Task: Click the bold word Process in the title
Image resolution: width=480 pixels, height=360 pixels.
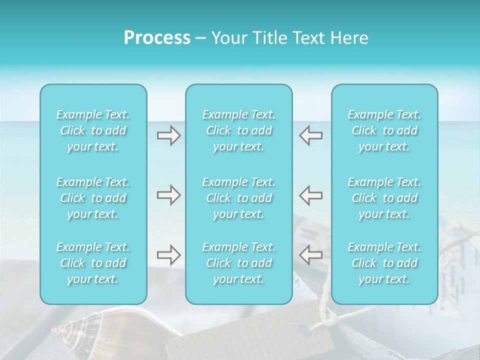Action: pyautogui.click(x=157, y=38)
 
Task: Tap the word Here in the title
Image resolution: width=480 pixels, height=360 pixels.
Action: pyautogui.click(x=349, y=38)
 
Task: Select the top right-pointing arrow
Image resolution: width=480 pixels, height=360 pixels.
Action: pyautogui.click(x=168, y=135)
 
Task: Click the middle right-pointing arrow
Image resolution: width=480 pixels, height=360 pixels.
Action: pyautogui.click(x=168, y=195)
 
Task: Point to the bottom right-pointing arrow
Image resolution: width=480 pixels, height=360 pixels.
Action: pyautogui.click(x=168, y=255)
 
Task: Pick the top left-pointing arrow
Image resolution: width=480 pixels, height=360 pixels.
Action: pyautogui.click(x=310, y=135)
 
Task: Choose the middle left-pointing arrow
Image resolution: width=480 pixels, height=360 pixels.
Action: pyautogui.click(x=310, y=195)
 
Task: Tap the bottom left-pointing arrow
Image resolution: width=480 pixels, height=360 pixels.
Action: pyautogui.click(x=310, y=255)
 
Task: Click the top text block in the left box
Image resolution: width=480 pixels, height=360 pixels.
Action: pyautogui.click(x=93, y=130)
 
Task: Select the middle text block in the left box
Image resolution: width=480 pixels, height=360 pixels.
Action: pyautogui.click(x=93, y=198)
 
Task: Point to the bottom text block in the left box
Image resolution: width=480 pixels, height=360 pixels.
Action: pyautogui.click(x=93, y=263)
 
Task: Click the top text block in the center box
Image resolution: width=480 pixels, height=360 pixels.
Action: pyautogui.click(x=238, y=130)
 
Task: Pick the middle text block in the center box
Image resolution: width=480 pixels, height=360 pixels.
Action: pyautogui.click(x=238, y=198)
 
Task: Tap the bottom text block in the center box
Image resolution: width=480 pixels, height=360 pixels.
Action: pyautogui.click(x=238, y=263)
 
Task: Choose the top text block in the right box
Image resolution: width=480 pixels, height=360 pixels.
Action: pyautogui.click(x=384, y=130)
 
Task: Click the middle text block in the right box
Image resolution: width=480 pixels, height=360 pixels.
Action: pyautogui.click(x=384, y=198)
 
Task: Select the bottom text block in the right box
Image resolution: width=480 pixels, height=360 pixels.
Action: pyautogui.click(x=384, y=263)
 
